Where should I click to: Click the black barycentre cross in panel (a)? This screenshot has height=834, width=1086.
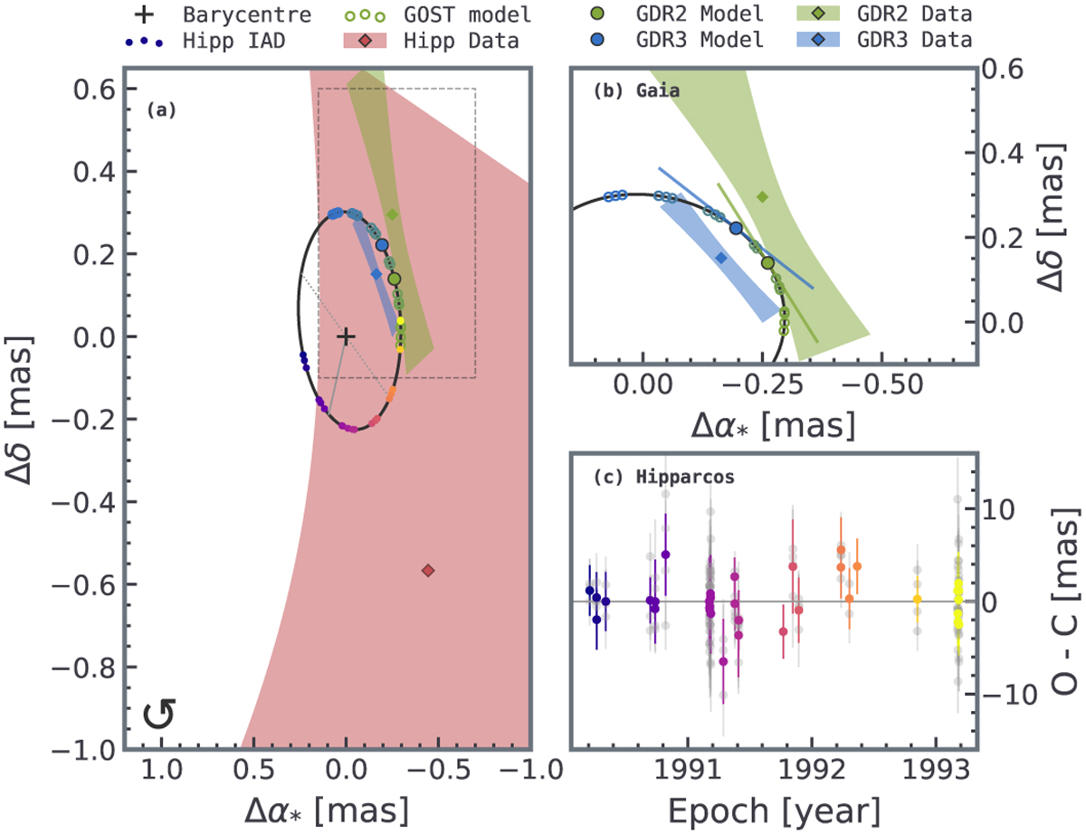[x=346, y=337]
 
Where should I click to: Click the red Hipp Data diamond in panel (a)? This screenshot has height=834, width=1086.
[x=428, y=570]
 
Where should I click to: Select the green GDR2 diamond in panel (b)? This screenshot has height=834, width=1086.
[x=762, y=197]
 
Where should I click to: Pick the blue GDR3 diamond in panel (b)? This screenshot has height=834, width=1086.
[x=721, y=258]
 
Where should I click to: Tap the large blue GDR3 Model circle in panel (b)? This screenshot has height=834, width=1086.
[x=736, y=228]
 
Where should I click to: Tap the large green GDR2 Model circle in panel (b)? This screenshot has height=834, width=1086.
[x=767, y=262]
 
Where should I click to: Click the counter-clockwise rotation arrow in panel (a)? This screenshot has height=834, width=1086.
[x=159, y=713]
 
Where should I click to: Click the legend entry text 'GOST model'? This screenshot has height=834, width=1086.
[x=467, y=15]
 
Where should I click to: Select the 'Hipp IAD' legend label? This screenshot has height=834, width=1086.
[x=233, y=41]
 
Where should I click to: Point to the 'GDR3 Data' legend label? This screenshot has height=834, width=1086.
[x=915, y=40]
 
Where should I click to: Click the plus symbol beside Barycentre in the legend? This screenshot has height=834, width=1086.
[x=145, y=15]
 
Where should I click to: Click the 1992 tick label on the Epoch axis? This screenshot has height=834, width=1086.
[x=812, y=770]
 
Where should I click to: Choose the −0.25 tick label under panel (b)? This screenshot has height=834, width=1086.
[x=763, y=385]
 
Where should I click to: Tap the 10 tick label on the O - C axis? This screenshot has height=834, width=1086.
[x=998, y=510]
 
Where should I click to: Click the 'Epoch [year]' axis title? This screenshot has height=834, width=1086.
[x=774, y=811]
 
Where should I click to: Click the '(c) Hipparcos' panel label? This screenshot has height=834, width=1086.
[x=664, y=477]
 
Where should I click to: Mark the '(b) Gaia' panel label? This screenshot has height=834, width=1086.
[x=637, y=90]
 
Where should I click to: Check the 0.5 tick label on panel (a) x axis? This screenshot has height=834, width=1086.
[x=253, y=770]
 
